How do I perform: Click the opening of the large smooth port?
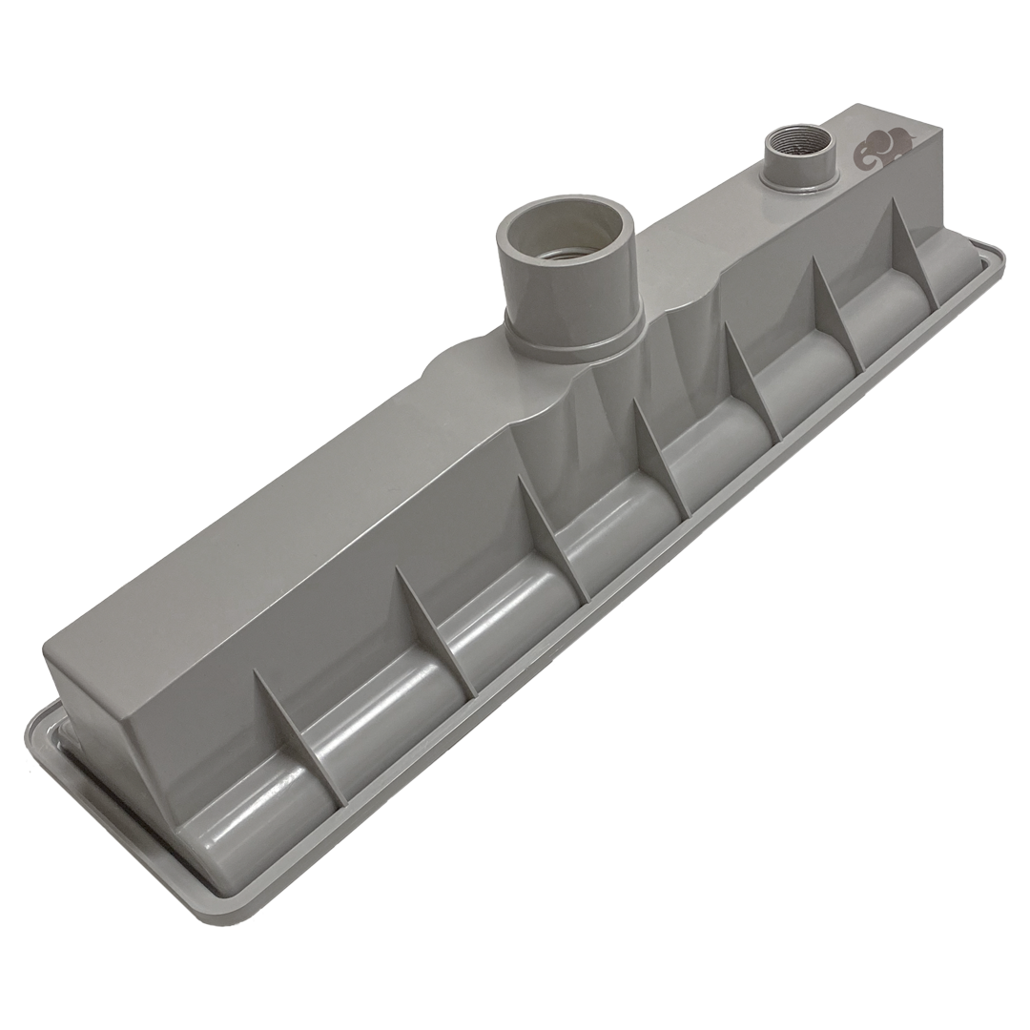pyautogui.click(x=568, y=235)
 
